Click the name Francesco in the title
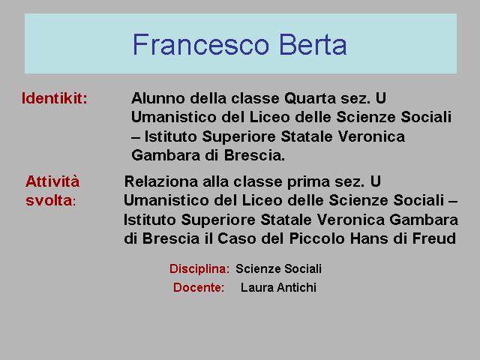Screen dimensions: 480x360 pyautogui.click(x=200, y=44)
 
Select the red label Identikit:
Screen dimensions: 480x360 pyautogui.click(x=55, y=98)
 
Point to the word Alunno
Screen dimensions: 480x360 pyautogui.click(x=158, y=98)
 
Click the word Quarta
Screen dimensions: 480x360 pyautogui.click(x=310, y=99)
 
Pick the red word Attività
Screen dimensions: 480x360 pyautogui.click(x=52, y=181)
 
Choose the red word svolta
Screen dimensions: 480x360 pyautogui.click(x=49, y=200)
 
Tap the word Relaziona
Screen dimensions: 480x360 pyautogui.click(x=161, y=181)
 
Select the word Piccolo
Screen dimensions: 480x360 pyautogui.click(x=316, y=238)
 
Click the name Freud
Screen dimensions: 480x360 pyautogui.click(x=434, y=238)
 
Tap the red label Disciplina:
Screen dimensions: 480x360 pyautogui.click(x=199, y=268)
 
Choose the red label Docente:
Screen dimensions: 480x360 pyautogui.click(x=199, y=287)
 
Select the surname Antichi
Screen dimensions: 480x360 pyautogui.click(x=296, y=287)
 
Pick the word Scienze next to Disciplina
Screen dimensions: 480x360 pyautogui.click(x=258, y=268)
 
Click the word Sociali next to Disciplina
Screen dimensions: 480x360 pyautogui.click(x=303, y=268)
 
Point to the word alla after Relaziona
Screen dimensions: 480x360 pyautogui.click(x=215, y=181)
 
